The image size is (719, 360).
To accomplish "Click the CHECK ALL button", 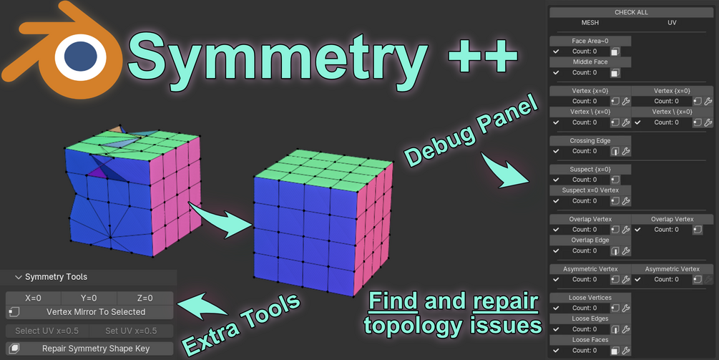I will click(x=630, y=12).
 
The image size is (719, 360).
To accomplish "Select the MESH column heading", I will click(x=590, y=23).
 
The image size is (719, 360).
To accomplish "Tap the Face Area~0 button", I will click(x=590, y=42).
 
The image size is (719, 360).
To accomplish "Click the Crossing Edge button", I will click(x=590, y=141).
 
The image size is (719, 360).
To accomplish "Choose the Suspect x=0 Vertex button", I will click(x=590, y=190).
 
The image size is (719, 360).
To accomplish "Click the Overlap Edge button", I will click(x=590, y=240).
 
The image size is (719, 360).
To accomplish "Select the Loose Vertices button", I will click(x=590, y=298).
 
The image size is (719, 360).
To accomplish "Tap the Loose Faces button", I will click(x=590, y=340).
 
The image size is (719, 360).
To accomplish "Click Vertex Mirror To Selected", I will click(x=95, y=312).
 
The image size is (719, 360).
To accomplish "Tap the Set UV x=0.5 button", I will click(x=132, y=331).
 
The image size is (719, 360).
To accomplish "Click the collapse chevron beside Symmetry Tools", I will click(x=18, y=277).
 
